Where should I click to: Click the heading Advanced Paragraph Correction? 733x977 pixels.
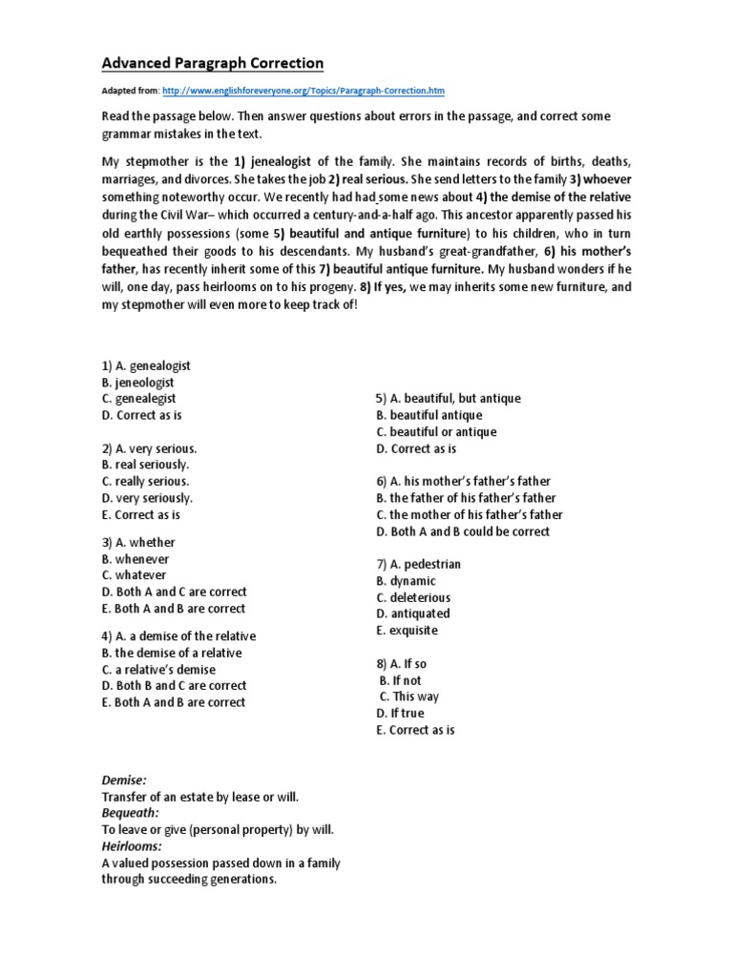coord(213,64)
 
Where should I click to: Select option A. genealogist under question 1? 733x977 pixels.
coord(146,365)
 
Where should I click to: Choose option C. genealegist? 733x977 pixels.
coord(139,399)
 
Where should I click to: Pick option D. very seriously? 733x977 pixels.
coord(147,498)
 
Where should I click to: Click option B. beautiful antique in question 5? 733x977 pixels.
coord(429,415)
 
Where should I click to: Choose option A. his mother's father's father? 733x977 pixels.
coord(463,482)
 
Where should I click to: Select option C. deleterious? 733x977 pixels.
coord(413,597)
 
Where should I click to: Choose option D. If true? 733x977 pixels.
coord(400,713)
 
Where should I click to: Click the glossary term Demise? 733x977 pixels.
coord(124,780)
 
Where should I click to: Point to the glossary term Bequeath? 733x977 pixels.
coord(131,813)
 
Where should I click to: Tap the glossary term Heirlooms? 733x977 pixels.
coord(132,845)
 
